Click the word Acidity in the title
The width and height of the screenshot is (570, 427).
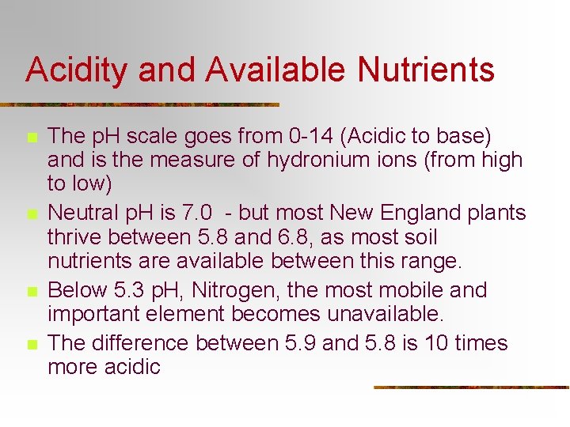pyautogui.click(x=78, y=70)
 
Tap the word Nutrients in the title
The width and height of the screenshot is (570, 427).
pyautogui.click(x=426, y=70)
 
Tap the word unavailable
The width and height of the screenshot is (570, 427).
pyautogui.click(x=382, y=314)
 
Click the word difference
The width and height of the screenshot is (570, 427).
pyautogui.click(x=140, y=343)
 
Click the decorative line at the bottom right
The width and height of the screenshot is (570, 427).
pyautogui.click(x=470, y=387)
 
